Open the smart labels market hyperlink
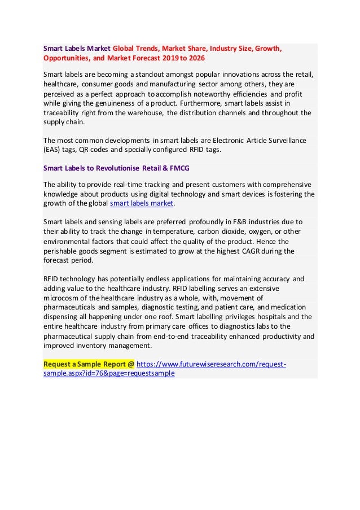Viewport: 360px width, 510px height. tap(142, 204)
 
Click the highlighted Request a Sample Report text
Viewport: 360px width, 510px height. tap(89, 364)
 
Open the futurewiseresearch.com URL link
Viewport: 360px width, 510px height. tap(212, 364)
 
